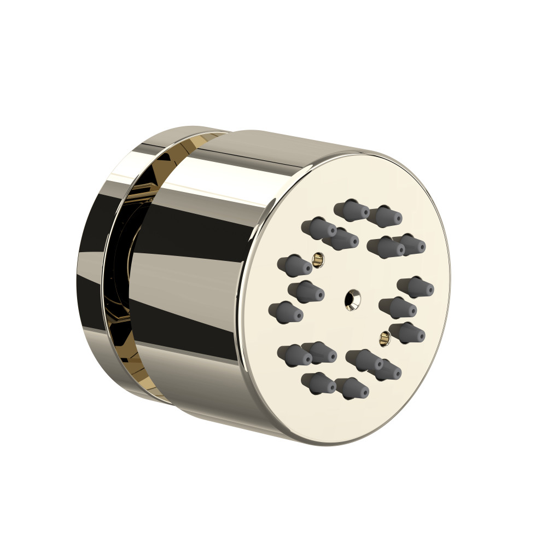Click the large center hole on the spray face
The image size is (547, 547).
click(x=352, y=299)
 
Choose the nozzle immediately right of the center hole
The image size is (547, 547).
click(x=397, y=307)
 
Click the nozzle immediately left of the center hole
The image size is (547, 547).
click(x=306, y=292)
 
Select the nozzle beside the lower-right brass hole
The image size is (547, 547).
click(x=408, y=333)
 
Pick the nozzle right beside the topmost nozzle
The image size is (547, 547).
click(x=385, y=216)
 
